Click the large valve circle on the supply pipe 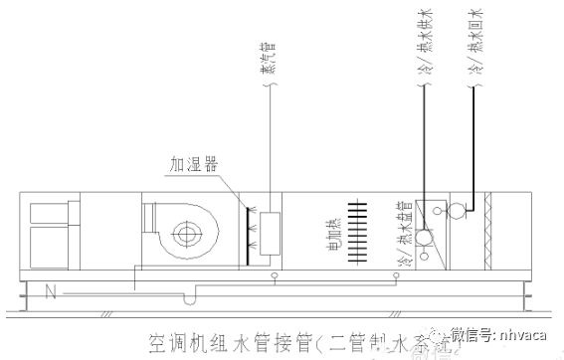(422, 240)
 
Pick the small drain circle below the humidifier (275, 274)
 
